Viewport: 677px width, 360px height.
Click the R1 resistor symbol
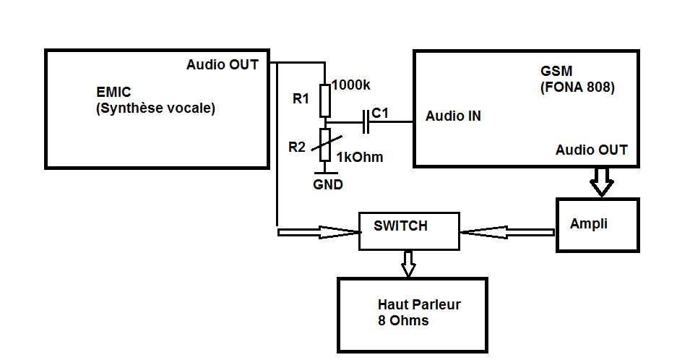325,100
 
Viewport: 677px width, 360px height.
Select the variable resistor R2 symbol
325,145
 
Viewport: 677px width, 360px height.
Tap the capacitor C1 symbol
366,124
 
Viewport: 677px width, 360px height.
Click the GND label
327,185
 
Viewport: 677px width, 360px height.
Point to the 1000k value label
351,85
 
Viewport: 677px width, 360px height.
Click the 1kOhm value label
360,157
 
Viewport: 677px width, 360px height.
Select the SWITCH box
409,231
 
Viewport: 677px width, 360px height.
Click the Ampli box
598,224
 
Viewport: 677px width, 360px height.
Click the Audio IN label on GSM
453,116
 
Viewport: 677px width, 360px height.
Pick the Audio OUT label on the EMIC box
222,64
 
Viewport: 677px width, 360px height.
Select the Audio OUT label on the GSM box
592,150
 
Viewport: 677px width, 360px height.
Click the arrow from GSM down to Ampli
600,182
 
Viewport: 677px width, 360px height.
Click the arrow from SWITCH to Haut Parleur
408,264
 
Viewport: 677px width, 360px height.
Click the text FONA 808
577,89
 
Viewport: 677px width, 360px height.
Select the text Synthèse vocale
155,109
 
